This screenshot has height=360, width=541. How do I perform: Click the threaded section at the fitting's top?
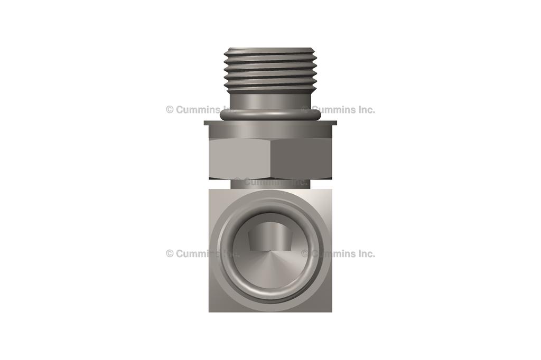point(270,69)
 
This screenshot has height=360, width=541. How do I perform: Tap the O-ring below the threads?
point(270,115)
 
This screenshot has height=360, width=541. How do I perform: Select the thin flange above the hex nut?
point(270,123)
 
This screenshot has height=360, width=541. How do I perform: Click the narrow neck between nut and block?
point(270,183)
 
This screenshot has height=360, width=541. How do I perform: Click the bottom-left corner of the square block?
point(210,310)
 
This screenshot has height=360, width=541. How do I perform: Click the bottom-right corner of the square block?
point(331,310)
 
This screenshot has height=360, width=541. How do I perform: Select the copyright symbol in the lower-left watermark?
point(170,253)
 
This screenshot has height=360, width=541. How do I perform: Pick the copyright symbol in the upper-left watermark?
point(170,110)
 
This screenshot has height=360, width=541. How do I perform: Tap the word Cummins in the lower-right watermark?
point(333,253)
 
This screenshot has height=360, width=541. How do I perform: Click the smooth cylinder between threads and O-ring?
point(270,100)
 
